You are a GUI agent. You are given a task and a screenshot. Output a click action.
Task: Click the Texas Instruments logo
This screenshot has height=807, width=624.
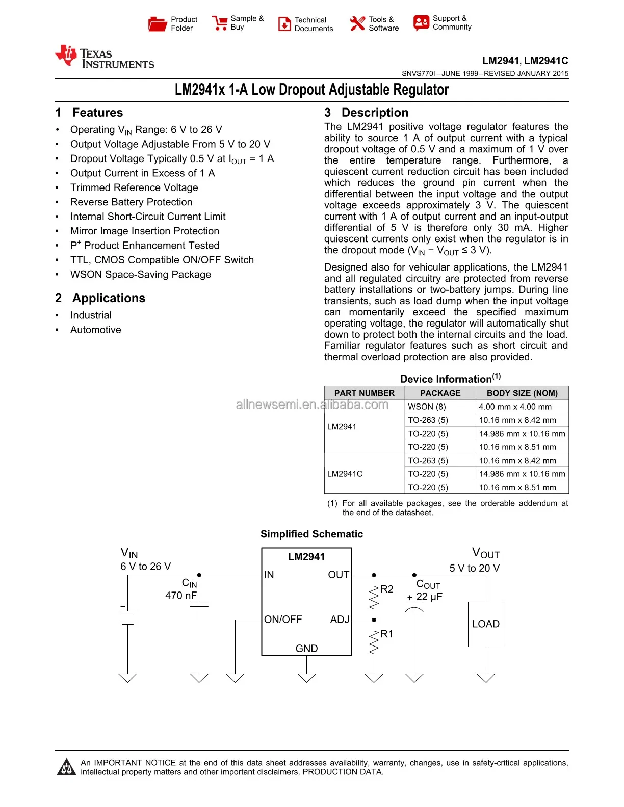point(105,57)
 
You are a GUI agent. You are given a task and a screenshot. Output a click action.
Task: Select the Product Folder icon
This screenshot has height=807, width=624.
point(157,24)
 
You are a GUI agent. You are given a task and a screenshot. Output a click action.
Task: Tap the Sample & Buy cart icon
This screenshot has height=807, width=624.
point(220,23)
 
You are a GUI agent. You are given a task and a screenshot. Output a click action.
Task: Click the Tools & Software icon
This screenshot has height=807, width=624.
point(357,23)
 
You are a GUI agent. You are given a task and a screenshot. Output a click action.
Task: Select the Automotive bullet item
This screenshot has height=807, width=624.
point(96,330)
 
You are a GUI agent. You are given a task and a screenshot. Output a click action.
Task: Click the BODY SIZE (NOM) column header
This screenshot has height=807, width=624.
point(522,393)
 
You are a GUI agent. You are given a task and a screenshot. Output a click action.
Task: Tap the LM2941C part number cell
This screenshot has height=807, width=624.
point(345,474)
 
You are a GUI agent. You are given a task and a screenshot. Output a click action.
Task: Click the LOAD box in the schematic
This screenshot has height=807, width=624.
point(486,624)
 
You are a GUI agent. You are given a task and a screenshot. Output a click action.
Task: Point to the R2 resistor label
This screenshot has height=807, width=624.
point(387,589)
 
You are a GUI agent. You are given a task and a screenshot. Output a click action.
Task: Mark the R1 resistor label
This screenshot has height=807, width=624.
point(387,634)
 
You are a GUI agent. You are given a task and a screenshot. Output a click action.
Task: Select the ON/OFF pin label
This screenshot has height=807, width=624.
point(283,620)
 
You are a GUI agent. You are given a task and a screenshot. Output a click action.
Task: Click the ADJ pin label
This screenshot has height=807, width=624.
point(340,620)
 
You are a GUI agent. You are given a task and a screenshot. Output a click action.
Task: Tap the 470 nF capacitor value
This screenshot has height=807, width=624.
point(181,595)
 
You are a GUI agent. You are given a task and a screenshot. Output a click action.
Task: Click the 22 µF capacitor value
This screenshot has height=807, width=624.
point(429,597)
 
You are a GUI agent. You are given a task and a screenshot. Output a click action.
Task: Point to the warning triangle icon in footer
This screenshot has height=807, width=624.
point(66,767)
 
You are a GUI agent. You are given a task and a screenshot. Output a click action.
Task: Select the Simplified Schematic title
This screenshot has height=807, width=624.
point(311,534)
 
